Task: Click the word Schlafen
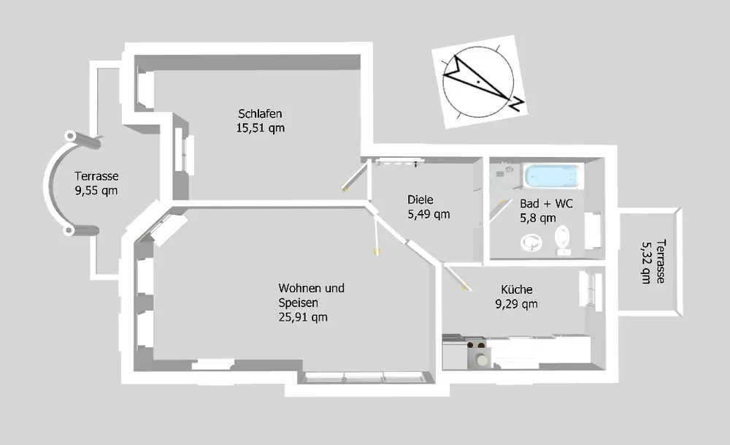click(260, 114)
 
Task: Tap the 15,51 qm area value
click(261, 128)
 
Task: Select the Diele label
click(420, 199)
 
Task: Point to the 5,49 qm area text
click(429, 214)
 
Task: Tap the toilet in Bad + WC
click(564, 237)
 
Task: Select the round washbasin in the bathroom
click(531, 241)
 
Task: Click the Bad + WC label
click(546, 204)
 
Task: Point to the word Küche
click(517, 289)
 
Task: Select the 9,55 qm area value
click(96, 190)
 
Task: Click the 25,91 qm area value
click(302, 316)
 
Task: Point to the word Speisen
click(299, 303)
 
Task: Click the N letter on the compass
click(515, 104)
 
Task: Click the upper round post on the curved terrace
click(72, 137)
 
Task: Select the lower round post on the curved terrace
click(71, 231)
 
